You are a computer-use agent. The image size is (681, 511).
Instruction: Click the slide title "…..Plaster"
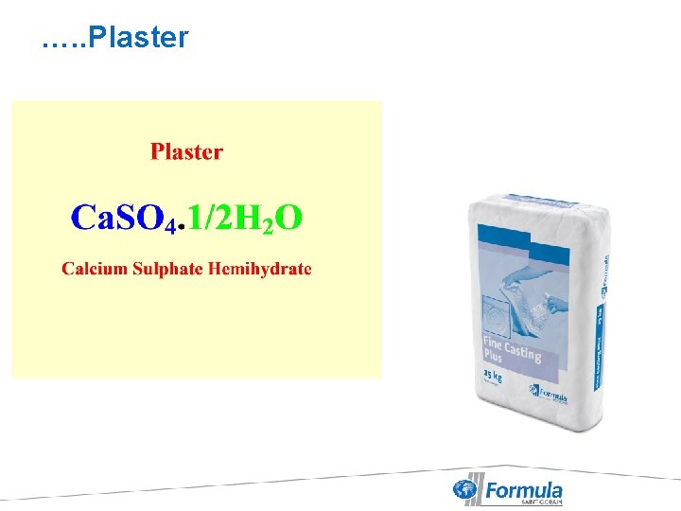(x=115, y=38)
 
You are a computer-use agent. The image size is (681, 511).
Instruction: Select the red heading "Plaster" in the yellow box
(x=186, y=152)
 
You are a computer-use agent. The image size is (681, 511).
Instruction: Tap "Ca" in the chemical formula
(x=91, y=218)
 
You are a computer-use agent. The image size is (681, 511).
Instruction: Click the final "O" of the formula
(x=288, y=218)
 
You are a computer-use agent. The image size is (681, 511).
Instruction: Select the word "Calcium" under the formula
(x=95, y=269)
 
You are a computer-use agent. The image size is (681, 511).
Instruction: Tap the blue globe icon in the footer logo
(x=465, y=490)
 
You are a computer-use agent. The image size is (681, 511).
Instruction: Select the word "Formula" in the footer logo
(x=523, y=489)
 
